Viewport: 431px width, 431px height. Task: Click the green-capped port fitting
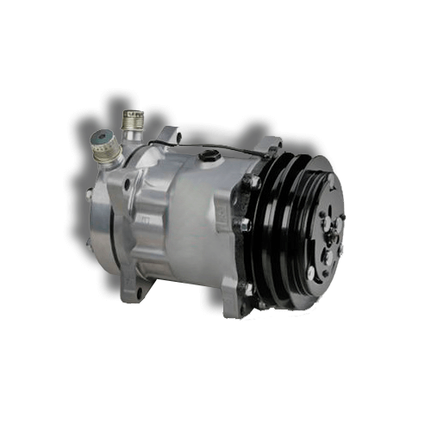pos(103,144)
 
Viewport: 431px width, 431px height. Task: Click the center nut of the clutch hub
pos(328,231)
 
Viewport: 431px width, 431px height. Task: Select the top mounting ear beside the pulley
pos(270,147)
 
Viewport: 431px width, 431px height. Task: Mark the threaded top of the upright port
pos(132,114)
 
